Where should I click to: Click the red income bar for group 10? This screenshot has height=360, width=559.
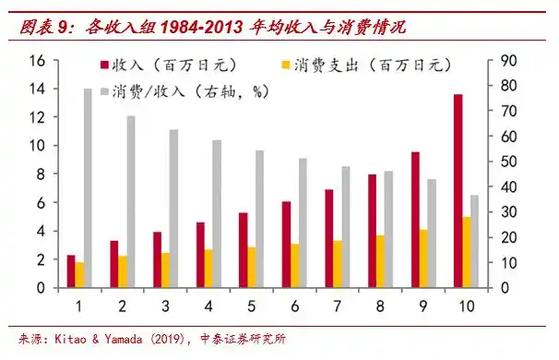click(x=458, y=191)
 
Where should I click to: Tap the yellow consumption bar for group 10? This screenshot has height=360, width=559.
click(x=467, y=252)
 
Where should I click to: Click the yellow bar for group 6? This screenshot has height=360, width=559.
click(x=295, y=266)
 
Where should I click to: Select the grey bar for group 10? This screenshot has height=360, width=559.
click(x=475, y=241)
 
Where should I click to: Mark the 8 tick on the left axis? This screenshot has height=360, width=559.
click(x=41, y=174)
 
